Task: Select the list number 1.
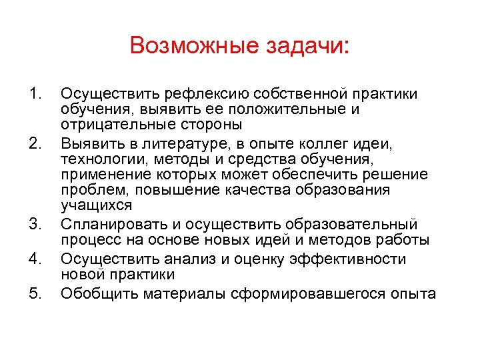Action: tap(36, 91)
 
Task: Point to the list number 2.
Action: tap(36, 141)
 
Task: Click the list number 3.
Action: tap(36, 223)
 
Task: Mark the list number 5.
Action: tap(36, 291)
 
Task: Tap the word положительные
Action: tap(265, 108)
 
